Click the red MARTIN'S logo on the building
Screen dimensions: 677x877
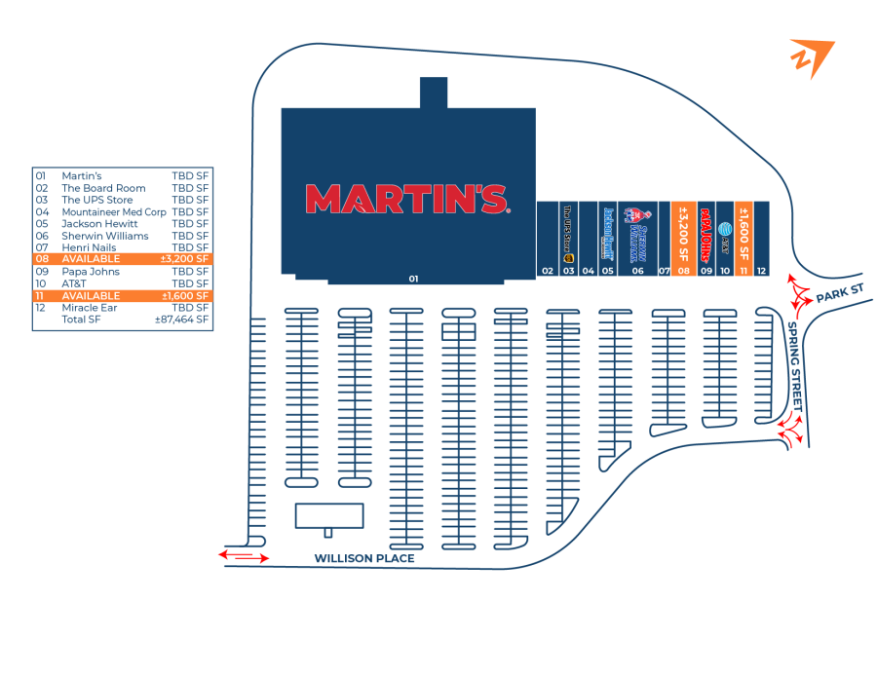pyautogui.click(x=406, y=199)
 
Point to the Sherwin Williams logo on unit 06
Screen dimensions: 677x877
pyautogui.click(x=636, y=233)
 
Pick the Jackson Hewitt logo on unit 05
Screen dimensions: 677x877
pyautogui.click(x=608, y=231)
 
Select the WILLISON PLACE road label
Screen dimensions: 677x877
pyautogui.click(x=363, y=558)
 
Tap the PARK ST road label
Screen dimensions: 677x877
pyautogui.click(x=840, y=293)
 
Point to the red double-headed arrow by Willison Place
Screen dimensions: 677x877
pyautogui.click(x=245, y=556)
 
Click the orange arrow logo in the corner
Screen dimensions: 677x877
pyautogui.click(x=811, y=57)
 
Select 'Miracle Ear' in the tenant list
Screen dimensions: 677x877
pyautogui.click(x=89, y=308)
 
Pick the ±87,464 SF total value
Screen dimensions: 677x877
pyautogui.click(x=182, y=320)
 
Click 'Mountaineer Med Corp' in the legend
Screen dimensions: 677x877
pyautogui.click(x=113, y=211)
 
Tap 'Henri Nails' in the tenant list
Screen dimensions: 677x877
pyautogui.click(x=89, y=247)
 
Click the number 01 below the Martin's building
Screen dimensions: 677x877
pyautogui.click(x=413, y=279)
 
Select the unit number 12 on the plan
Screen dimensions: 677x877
pyautogui.click(x=761, y=270)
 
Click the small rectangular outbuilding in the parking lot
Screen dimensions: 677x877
pyautogui.click(x=329, y=515)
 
